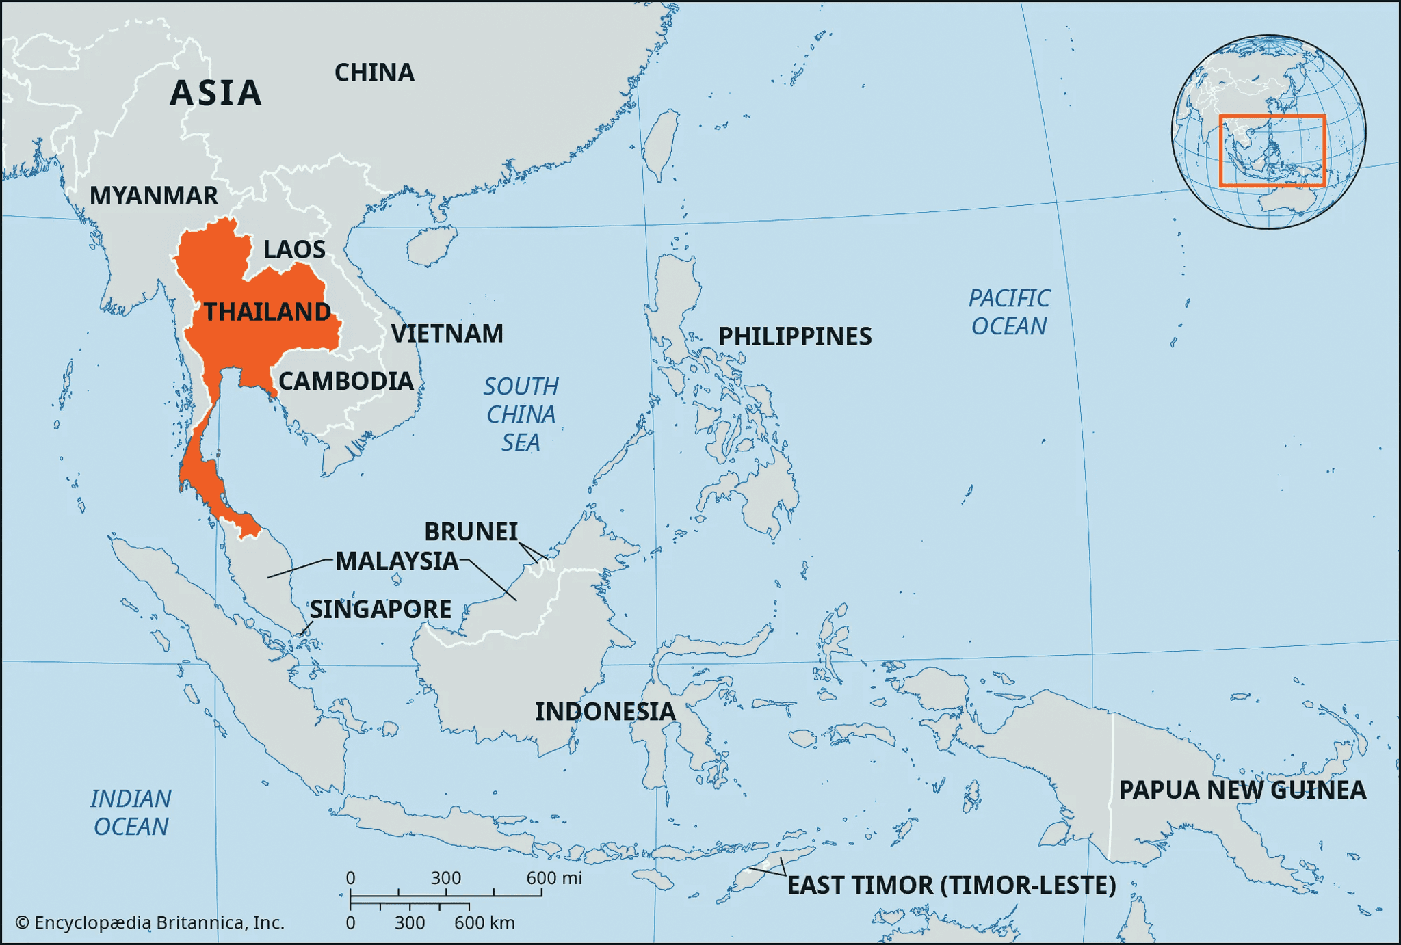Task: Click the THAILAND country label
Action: point(267,312)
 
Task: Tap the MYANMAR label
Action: point(154,196)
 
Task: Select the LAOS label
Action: point(294,250)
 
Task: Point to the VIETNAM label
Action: point(447,334)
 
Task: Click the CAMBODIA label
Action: point(346,381)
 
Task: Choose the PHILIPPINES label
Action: point(795,336)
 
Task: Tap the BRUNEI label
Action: point(471,531)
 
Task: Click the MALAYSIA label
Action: point(397,561)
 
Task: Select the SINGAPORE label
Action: point(380,609)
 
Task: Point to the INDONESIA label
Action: point(605,712)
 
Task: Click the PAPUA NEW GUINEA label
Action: point(1242,790)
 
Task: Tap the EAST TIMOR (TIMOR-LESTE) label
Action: point(952,886)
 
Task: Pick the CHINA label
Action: point(374,72)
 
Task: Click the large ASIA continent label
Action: point(216,93)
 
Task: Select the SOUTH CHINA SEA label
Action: point(521,414)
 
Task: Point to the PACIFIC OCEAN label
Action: point(1009,312)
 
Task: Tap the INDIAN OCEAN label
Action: point(131,812)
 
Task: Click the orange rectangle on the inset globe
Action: point(1272,117)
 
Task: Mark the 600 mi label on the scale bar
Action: point(554,878)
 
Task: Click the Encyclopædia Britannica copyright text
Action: point(150,923)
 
